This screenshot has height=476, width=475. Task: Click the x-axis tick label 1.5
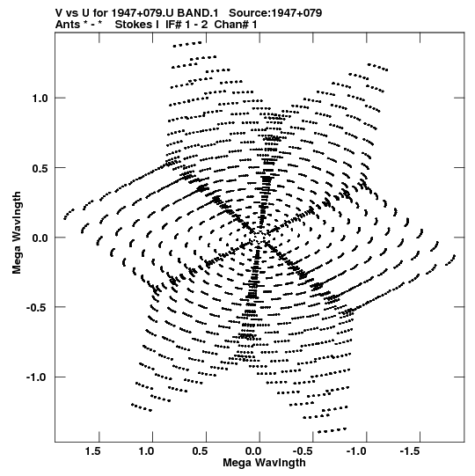pos(92,451)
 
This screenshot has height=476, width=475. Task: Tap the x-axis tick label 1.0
pos(146,451)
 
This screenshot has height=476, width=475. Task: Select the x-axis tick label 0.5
pos(200,451)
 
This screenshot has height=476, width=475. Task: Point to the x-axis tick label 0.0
pos(253,451)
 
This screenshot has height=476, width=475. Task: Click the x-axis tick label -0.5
pos(304,451)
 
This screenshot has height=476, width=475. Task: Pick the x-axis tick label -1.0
pos(358,451)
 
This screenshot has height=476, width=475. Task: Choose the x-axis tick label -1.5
pos(412,451)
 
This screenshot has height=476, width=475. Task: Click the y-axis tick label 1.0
pos(40,99)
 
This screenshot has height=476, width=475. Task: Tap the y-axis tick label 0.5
pos(40,168)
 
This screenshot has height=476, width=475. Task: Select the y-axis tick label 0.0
pos(40,238)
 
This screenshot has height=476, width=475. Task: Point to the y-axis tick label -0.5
pos(37,308)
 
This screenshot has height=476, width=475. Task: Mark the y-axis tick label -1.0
pos(37,377)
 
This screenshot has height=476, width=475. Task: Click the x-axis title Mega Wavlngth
pos(264,463)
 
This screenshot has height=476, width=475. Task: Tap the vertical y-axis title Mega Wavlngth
pos(17,233)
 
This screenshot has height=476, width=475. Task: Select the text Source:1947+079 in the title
pos(275,13)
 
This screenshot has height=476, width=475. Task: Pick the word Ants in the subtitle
pos(68,25)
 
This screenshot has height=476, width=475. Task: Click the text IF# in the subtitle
pos(173,25)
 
